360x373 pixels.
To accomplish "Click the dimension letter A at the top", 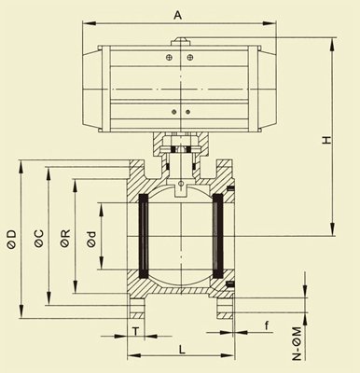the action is click(177, 15).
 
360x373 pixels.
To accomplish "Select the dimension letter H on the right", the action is click(326, 140).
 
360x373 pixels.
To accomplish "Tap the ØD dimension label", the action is click(11, 240).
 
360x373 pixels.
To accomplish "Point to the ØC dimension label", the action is click(39, 239).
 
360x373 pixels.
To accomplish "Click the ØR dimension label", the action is click(65, 239).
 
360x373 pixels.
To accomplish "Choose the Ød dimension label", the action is click(90, 239).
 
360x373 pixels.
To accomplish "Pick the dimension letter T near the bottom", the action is click(135, 331).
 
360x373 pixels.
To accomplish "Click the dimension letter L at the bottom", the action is click(182, 350).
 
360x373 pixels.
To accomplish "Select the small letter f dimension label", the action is click(267, 325).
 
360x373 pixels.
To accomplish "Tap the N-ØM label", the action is click(298, 343).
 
